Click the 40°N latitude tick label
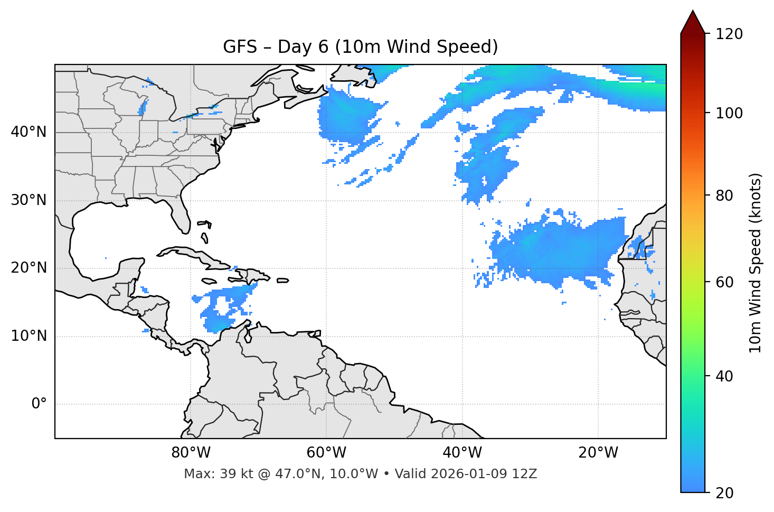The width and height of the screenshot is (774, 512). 29,132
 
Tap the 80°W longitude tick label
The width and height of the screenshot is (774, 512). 191,453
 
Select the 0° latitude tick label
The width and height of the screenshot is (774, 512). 39,404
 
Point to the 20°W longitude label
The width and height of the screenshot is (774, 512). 598,453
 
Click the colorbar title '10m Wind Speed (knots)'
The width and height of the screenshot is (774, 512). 756,263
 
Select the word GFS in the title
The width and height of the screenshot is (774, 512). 240,47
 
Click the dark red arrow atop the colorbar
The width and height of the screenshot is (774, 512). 693,23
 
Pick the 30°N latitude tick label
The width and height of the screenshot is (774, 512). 29,200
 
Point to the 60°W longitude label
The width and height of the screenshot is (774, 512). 326,453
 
